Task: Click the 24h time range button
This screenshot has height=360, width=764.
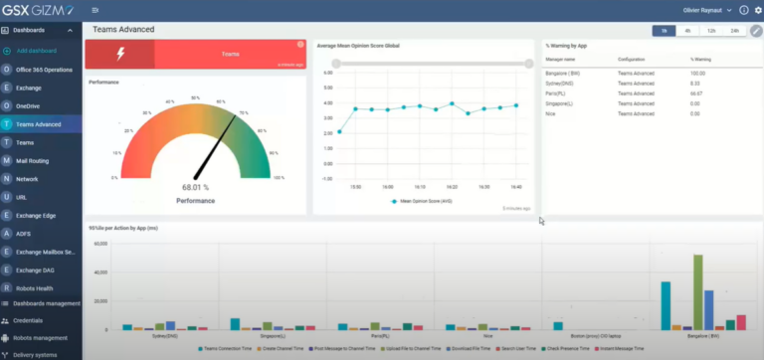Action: [x=735, y=31]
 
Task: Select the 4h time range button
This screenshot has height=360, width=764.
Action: [x=687, y=31]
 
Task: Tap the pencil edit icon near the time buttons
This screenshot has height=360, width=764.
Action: [x=756, y=31]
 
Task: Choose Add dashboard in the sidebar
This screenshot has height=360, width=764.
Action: [x=36, y=50]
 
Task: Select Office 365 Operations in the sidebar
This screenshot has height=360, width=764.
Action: [x=45, y=70]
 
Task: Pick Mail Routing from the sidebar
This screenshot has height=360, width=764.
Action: [x=34, y=160]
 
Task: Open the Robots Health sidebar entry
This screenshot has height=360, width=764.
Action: [x=35, y=286]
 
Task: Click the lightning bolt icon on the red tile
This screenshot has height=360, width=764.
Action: [x=120, y=55]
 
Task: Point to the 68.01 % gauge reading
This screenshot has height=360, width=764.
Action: [x=195, y=186]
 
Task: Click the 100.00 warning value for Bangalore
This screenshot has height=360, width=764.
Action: [x=697, y=73]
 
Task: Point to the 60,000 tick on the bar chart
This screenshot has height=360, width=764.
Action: [x=99, y=270]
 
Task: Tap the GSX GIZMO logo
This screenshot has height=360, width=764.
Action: [x=40, y=10]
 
